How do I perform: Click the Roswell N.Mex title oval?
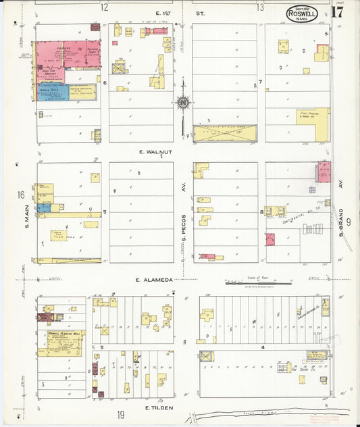(x=302, y=13)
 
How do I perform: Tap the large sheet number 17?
(x=337, y=12)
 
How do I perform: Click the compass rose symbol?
(x=182, y=103)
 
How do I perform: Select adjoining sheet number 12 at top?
(x=104, y=7)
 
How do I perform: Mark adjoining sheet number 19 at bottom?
(x=120, y=415)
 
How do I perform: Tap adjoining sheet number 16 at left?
(x=21, y=195)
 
